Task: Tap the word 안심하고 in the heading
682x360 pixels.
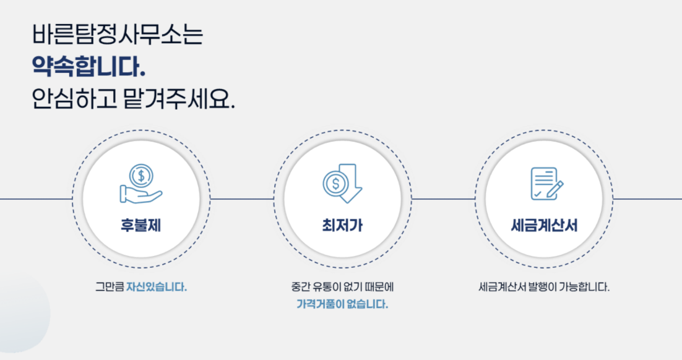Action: click(x=74, y=100)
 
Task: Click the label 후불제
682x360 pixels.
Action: click(x=141, y=226)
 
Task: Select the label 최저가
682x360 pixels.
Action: click(x=342, y=226)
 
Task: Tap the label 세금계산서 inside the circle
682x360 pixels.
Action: click(x=544, y=226)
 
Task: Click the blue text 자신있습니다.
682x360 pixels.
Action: click(x=157, y=288)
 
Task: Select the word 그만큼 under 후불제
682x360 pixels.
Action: click(x=110, y=288)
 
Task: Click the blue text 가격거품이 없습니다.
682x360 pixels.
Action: click(x=342, y=304)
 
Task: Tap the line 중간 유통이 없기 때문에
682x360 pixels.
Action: click(x=342, y=288)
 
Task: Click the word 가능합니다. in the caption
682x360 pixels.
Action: click(x=584, y=288)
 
